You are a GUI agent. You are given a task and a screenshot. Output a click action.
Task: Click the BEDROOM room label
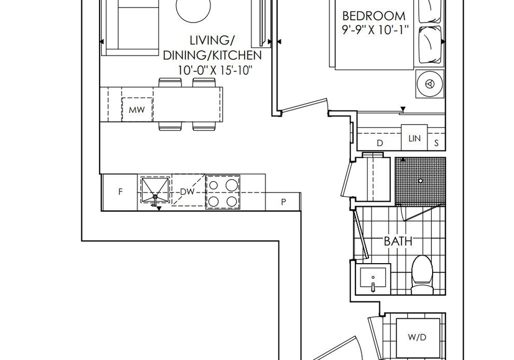(373, 16)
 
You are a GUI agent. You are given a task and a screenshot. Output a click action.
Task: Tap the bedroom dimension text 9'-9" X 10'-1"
(375, 30)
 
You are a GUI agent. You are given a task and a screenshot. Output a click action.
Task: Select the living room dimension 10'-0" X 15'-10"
(215, 70)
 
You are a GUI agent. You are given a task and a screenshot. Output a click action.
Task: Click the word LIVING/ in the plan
(212, 40)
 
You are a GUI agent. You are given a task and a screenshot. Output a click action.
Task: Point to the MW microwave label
(137, 110)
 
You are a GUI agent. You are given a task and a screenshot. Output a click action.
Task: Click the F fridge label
(120, 192)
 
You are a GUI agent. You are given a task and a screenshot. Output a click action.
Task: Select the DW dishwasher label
(187, 192)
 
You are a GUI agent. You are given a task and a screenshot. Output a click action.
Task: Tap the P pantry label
(283, 202)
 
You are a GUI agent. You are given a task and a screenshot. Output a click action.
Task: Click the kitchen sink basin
(155, 190)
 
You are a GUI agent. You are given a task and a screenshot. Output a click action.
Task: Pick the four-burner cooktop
(223, 192)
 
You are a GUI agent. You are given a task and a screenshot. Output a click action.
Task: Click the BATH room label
(398, 241)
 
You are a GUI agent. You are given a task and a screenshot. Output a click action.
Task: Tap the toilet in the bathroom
(422, 275)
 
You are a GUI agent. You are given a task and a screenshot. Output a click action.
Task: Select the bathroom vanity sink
(373, 279)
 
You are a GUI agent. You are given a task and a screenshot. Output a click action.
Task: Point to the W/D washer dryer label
(417, 337)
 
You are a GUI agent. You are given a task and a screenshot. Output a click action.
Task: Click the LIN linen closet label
(414, 138)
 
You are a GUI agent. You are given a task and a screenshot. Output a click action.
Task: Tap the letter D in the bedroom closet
(380, 143)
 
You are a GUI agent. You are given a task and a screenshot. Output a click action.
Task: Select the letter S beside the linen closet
(436, 143)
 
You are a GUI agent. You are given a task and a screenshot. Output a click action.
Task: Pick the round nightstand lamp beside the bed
(430, 84)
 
